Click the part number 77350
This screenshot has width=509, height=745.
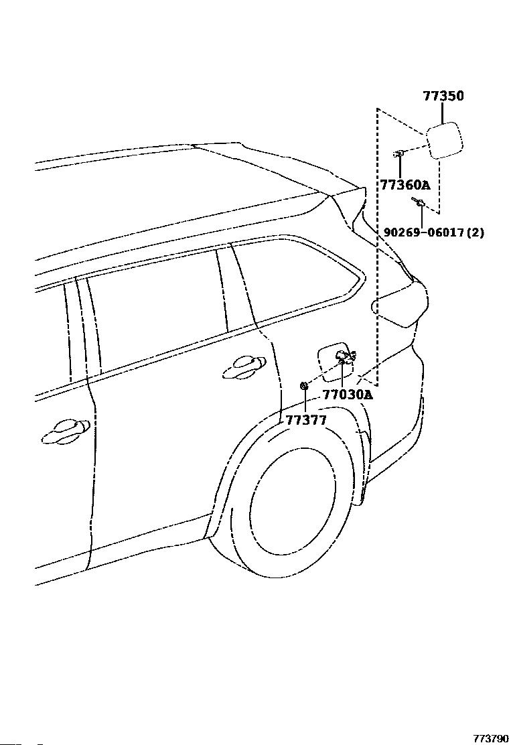[x=443, y=96]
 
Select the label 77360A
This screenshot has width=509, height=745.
[x=405, y=184]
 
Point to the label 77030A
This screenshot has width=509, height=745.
[x=348, y=395]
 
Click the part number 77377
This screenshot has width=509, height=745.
[x=306, y=420]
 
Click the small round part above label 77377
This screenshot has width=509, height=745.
[x=303, y=385]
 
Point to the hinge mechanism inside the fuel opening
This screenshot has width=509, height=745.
[x=346, y=356]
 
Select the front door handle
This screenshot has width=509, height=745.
[x=65, y=431]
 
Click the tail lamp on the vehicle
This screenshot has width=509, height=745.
[x=401, y=304]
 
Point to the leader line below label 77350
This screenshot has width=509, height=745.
[x=442, y=112]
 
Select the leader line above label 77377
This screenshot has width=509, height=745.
[x=305, y=401]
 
